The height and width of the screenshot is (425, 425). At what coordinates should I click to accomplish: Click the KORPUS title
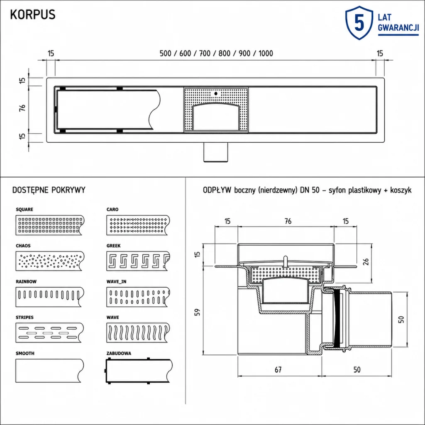pyautogui.click(x=33, y=15)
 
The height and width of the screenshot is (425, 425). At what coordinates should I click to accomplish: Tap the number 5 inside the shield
pyautogui.click(x=359, y=23)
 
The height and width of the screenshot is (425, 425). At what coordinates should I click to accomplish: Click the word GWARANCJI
pyautogui.click(x=398, y=28)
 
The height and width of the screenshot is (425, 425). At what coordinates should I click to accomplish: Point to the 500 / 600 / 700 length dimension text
pyautogui.click(x=216, y=54)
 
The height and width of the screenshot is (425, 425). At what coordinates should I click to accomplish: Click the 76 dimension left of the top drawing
pyautogui.click(x=22, y=107)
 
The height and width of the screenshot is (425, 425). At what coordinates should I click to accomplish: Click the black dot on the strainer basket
pyautogui.click(x=216, y=93)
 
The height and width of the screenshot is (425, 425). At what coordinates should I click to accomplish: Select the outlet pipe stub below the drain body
pyautogui.click(x=216, y=152)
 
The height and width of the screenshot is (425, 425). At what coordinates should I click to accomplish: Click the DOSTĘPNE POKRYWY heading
pyautogui.click(x=49, y=190)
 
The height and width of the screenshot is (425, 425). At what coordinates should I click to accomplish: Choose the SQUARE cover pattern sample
pyautogui.click(x=50, y=225)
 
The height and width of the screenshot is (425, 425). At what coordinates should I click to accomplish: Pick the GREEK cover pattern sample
pyautogui.click(x=138, y=261)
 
